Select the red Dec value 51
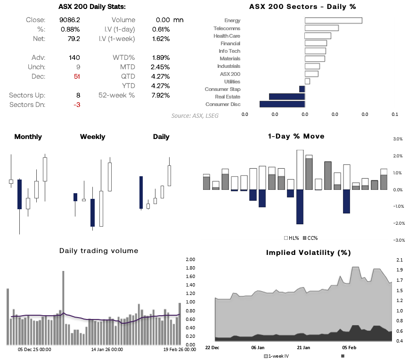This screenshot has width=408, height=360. [77, 76]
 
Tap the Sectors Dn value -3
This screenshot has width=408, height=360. [76, 105]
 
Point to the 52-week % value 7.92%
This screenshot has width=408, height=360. [161, 95]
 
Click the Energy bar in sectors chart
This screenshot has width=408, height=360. [333, 21]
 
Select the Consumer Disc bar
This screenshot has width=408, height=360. [282, 104]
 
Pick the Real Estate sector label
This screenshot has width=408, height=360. [228, 97]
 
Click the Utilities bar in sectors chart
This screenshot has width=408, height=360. [307, 82]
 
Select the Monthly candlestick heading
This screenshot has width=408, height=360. [28, 137]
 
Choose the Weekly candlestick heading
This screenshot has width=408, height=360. [92, 137]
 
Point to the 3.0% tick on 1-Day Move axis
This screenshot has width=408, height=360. [397, 139]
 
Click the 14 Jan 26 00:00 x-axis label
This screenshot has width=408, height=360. [107, 350]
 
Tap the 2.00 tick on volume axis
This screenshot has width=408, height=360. [190, 260]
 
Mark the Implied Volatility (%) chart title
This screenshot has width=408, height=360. [309, 253]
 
